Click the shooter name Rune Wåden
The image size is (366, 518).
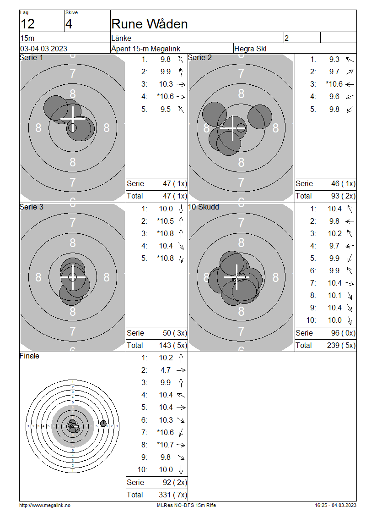click(149, 24)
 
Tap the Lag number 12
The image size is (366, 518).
click(27, 24)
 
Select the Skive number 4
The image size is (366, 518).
click(69, 24)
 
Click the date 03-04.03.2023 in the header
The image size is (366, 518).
click(43, 49)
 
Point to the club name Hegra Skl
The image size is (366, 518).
click(250, 49)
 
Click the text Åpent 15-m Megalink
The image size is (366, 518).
click(145, 49)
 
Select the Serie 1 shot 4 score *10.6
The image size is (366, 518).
click(165, 96)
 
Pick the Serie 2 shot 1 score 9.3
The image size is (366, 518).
click(334, 59)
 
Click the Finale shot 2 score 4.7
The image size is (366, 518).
click(166, 370)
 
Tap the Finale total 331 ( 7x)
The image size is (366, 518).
click(173, 495)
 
